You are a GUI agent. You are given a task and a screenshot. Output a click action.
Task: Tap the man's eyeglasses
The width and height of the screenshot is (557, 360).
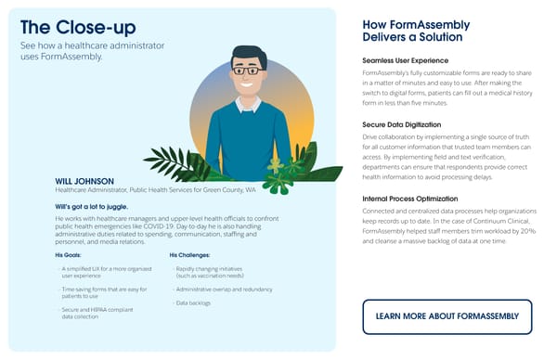(x=246, y=69)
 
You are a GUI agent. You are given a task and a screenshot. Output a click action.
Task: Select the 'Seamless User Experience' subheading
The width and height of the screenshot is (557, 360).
(x=406, y=58)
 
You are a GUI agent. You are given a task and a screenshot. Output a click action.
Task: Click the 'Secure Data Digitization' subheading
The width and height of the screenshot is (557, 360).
(x=402, y=123)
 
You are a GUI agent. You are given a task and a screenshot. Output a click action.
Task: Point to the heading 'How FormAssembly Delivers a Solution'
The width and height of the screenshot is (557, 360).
(x=415, y=31)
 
